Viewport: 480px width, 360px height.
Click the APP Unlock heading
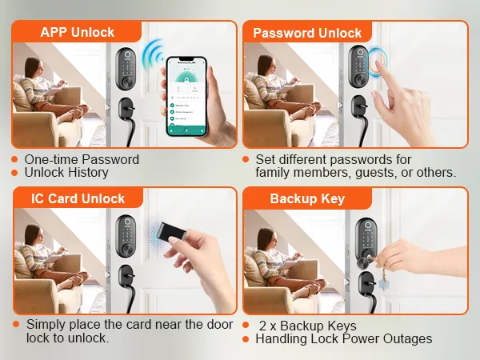click(x=77, y=33)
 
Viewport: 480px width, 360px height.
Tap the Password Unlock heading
click(x=307, y=33)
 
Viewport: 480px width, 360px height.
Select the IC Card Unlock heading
click(x=78, y=198)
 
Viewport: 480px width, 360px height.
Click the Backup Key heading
click(x=306, y=198)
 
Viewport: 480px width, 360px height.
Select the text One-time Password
click(x=82, y=159)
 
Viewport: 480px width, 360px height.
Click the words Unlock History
click(x=66, y=172)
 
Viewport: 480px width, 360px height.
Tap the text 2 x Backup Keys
click(x=308, y=326)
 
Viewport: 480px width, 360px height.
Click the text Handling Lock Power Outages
click(x=343, y=338)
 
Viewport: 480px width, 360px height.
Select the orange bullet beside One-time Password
click(x=14, y=159)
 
